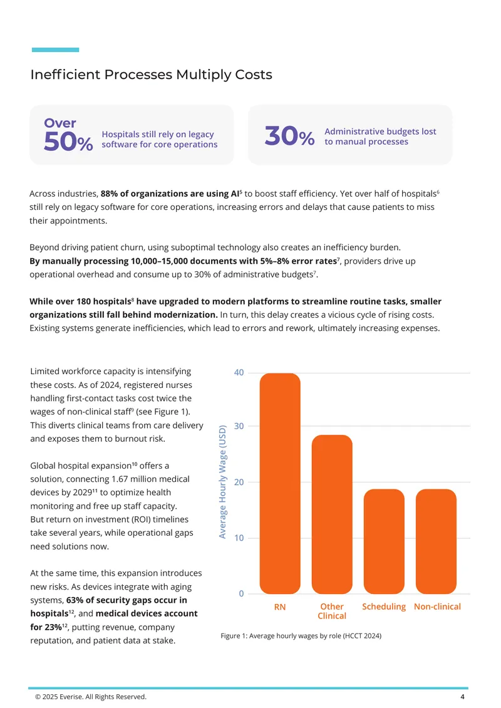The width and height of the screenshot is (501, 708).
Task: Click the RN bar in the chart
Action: [x=280, y=483]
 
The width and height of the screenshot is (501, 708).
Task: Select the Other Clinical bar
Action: [x=332, y=514]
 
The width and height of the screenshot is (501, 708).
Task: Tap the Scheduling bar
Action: [x=384, y=541]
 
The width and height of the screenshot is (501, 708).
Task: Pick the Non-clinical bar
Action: [x=436, y=541]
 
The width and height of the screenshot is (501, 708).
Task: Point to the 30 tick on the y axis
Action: [x=239, y=426]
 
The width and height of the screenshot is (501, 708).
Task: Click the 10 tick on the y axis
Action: [x=239, y=538]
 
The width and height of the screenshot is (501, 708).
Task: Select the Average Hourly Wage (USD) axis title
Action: [x=222, y=482]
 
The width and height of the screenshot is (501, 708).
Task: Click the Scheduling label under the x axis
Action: [x=384, y=606]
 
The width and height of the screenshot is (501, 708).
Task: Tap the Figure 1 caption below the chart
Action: [x=301, y=636]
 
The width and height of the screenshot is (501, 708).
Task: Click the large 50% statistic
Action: [x=69, y=142]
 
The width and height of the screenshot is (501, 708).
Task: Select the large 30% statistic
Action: [x=290, y=136]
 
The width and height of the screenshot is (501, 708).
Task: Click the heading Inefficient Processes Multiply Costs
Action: [x=151, y=75]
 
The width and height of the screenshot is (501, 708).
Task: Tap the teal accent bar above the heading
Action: [x=56, y=49]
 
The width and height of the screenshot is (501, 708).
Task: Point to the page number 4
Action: [x=462, y=697]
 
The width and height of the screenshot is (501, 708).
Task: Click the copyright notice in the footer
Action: [x=91, y=697]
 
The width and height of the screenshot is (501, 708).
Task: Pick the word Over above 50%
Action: [x=60, y=123]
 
